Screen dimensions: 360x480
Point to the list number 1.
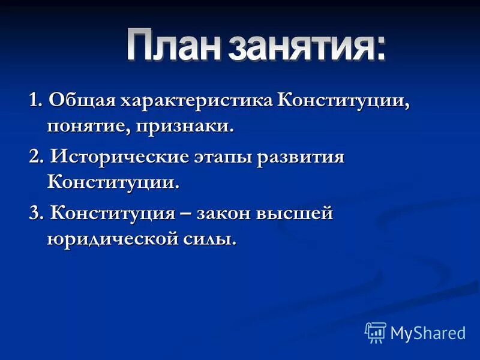(35, 100)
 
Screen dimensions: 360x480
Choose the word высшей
(295, 213)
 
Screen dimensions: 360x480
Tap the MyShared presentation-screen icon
(376, 332)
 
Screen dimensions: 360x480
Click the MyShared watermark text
(428, 332)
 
